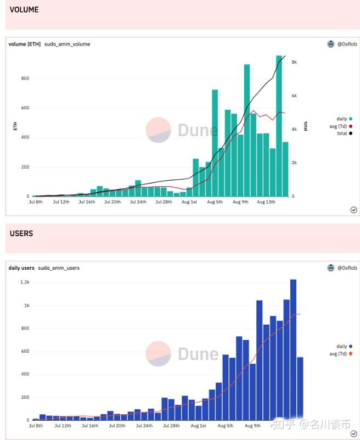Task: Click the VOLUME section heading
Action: click(x=24, y=9)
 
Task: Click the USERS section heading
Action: click(x=21, y=233)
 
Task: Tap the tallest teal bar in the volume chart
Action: click(x=279, y=126)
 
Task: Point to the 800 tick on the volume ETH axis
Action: click(x=25, y=78)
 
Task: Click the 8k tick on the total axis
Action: click(x=294, y=62)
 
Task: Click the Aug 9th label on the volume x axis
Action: click(x=241, y=202)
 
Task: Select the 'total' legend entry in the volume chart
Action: click(x=341, y=133)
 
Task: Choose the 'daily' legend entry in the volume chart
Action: click(x=341, y=119)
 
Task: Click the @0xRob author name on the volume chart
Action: click(x=347, y=44)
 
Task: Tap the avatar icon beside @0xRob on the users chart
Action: click(x=331, y=268)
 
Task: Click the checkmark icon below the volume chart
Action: click(x=353, y=209)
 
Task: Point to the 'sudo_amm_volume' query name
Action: click(x=67, y=44)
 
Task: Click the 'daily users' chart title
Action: click(x=21, y=268)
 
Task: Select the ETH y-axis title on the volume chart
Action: click(x=15, y=126)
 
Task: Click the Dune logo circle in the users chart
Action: click(x=158, y=353)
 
